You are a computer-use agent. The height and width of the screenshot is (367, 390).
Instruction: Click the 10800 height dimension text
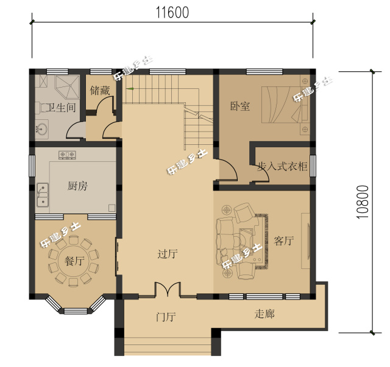point(363,201)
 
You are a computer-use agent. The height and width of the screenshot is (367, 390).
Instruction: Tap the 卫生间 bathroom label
point(62,108)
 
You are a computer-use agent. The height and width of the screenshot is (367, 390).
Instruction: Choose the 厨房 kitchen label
point(77,186)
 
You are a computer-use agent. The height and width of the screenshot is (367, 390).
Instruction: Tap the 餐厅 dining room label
point(74,261)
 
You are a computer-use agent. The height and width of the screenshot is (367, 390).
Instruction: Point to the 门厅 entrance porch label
point(166,316)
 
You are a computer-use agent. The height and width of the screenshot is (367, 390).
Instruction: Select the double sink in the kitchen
point(43,195)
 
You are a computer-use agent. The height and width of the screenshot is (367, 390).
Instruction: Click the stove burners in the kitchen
point(67,155)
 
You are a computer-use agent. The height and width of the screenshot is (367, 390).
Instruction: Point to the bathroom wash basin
point(41,129)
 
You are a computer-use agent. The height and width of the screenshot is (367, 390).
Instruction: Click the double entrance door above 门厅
point(168,290)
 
